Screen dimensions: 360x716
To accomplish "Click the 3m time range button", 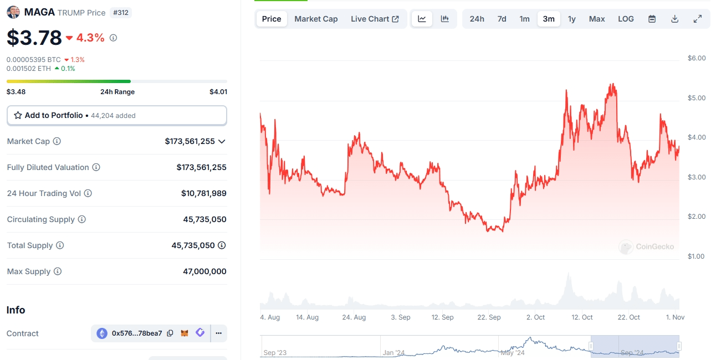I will click(x=549, y=19).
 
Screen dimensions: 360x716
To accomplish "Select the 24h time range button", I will click(x=477, y=19).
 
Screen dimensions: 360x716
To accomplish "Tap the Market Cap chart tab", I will click(x=316, y=19).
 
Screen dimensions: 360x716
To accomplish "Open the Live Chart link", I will click(x=375, y=19).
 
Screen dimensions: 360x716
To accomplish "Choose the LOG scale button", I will click(x=626, y=19).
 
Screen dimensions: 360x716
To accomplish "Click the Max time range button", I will click(x=597, y=19).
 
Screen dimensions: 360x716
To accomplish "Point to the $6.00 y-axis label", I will click(x=697, y=58).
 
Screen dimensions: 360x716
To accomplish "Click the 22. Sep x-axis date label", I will click(x=489, y=317).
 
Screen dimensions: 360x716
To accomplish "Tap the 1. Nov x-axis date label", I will click(x=676, y=317).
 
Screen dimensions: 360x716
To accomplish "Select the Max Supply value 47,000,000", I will click(x=204, y=271).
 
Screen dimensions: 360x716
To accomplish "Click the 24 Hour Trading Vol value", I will click(x=203, y=193).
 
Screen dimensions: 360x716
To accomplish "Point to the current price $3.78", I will click(x=34, y=38).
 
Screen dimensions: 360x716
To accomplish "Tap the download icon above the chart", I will click(x=674, y=19).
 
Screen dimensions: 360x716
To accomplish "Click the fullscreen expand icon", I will click(x=698, y=19).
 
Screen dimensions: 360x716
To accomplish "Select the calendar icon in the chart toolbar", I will click(x=652, y=19).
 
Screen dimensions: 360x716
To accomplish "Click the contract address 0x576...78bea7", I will click(x=137, y=333).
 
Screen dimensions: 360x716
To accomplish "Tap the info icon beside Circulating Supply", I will click(x=82, y=219).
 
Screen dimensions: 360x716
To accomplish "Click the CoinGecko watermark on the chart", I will click(x=647, y=246).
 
